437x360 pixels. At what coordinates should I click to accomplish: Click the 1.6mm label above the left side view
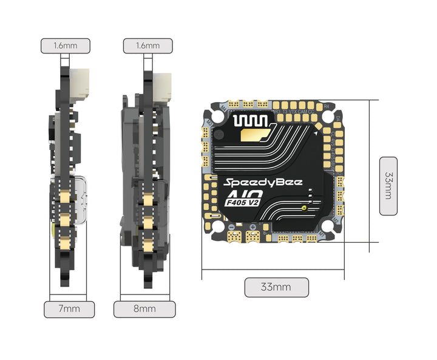65,46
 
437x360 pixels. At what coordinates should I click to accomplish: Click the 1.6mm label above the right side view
147,46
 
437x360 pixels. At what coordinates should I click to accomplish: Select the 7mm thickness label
69,309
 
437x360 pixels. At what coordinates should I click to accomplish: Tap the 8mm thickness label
144,309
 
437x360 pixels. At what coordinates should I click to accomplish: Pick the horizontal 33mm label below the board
276,287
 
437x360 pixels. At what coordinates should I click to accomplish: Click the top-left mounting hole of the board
217,115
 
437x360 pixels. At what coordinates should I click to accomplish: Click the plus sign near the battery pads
252,227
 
